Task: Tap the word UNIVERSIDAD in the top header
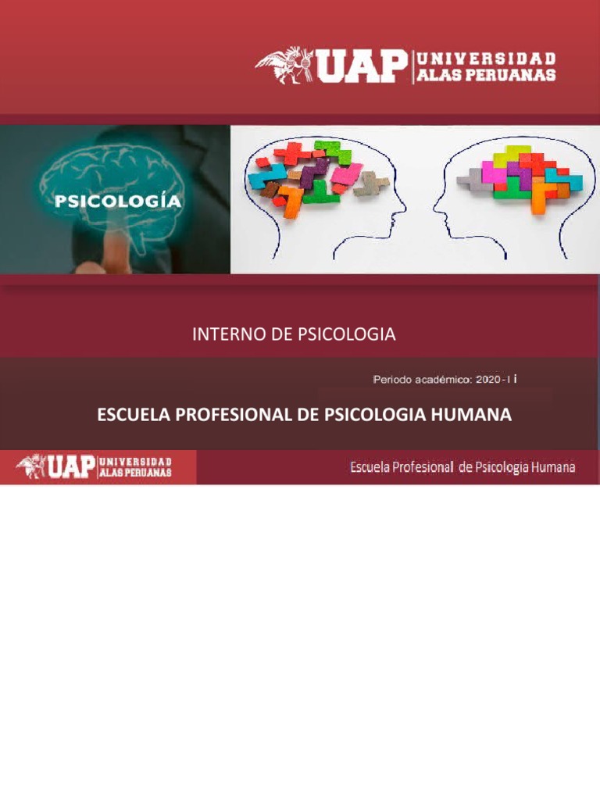(487, 59)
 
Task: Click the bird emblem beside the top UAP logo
(284, 65)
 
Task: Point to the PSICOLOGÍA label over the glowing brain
(118, 201)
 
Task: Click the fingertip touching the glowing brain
(117, 250)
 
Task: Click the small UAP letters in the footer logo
(72, 466)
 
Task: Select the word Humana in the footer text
(553, 467)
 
